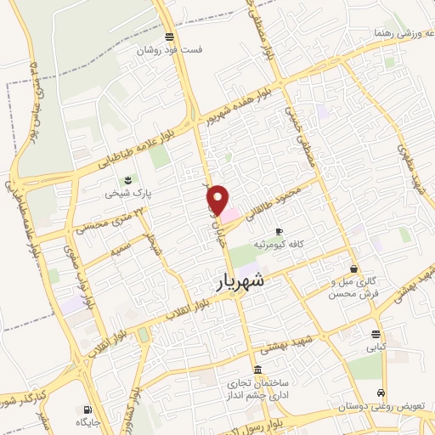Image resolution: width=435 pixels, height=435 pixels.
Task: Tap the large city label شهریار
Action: tap(235, 280)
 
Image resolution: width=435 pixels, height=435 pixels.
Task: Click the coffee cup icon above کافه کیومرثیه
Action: tap(279, 231)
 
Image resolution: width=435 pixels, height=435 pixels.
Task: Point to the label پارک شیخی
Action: tap(127, 193)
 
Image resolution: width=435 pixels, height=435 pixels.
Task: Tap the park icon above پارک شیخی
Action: tap(127, 180)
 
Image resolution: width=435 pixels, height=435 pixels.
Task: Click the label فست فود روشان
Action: tap(172, 49)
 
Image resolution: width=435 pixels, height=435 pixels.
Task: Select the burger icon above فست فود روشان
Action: tap(170, 37)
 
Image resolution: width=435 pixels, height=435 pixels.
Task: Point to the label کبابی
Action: tap(376, 347)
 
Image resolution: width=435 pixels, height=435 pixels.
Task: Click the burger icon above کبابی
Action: tap(376, 332)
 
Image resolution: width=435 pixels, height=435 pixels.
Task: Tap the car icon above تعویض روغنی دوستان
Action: tap(384, 393)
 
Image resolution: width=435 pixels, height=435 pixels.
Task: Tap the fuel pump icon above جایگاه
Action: tap(88, 409)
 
